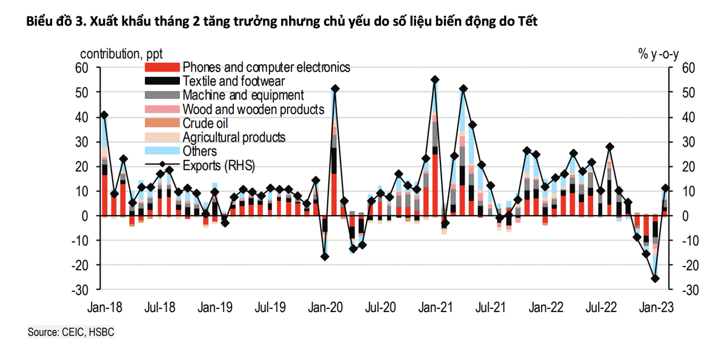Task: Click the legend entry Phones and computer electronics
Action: pyautogui.click(x=266, y=67)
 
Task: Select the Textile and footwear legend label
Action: pyautogui.click(x=233, y=81)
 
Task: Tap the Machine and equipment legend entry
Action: pyautogui.click(x=243, y=95)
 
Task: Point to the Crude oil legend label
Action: pyautogui.click(x=206, y=123)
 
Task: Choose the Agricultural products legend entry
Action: pyautogui.click(x=234, y=138)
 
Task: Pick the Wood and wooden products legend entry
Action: pyautogui.click(x=253, y=109)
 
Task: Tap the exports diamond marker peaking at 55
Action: pyautogui.click(x=435, y=79)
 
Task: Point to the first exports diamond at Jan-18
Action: pyautogui.click(x=104, y=115)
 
